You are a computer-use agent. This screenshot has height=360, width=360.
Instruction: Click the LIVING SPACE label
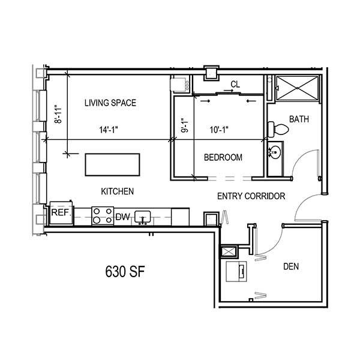(x=110, y=103)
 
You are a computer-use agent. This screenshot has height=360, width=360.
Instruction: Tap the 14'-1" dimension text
(x=109, y=130)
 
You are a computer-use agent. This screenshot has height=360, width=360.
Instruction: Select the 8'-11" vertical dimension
(x=58, y=115)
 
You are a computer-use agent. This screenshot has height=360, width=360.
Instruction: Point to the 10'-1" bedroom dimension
(x=219, y=130)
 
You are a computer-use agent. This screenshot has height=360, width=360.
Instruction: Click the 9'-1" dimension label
(x=185, y=125)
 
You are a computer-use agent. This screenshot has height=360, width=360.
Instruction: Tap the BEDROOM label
(x=223, y=157)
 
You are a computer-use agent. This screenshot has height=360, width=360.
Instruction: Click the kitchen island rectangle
(x=113, y=165)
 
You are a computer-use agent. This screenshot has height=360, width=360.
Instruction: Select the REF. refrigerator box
(x=62, y=213)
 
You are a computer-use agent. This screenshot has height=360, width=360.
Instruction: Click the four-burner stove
(x=103, y=216)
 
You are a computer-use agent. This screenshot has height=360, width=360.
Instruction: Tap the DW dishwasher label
(x=122, y=217)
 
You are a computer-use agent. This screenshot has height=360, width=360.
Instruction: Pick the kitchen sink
(x=143, y=217)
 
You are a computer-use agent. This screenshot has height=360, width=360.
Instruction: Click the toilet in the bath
(x=278, y=129)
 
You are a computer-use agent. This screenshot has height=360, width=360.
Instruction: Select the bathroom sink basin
(x=275, y=152)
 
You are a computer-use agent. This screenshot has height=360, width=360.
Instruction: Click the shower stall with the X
(x=298, y=88)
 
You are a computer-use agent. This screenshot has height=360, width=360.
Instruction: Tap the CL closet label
(x=235, y=85)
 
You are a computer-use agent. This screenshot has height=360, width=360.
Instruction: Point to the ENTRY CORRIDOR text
(x=251, y=196)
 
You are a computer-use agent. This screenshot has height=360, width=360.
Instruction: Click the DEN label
(x=291, y=266)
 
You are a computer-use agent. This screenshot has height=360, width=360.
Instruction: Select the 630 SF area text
(x=125, y=271)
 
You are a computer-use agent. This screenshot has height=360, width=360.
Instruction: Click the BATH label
(x=299, y=119)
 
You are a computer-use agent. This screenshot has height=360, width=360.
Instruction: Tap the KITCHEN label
(x=118, y=191)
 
